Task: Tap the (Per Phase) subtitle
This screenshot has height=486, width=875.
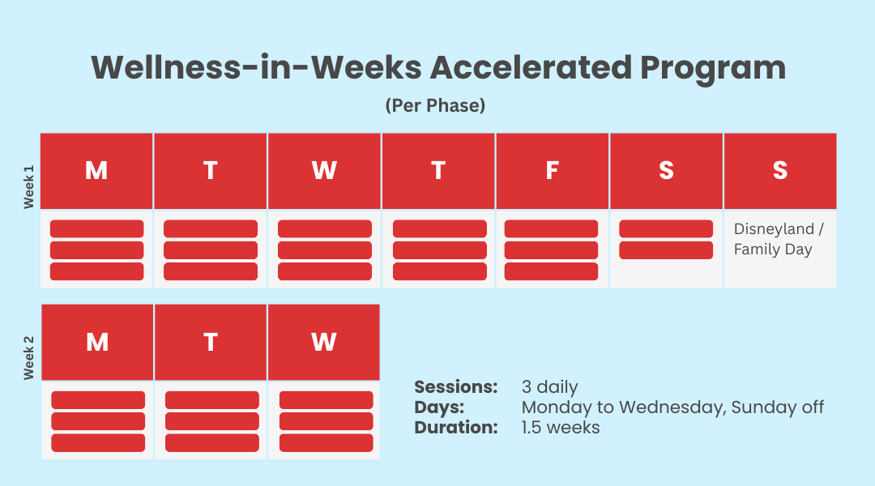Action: point(435,105)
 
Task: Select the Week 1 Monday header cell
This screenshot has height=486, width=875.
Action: point(96,171)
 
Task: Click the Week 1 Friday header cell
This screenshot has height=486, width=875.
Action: point(553,171)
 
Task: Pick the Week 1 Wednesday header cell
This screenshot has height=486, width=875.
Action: point(324,171)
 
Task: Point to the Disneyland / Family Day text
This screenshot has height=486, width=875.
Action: point(779,239)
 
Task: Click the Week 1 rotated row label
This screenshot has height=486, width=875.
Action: point(28,187)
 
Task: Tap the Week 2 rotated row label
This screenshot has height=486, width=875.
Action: point(28,358)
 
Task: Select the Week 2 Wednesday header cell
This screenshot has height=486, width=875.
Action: point(324,342)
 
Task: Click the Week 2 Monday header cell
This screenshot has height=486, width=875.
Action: point(98,342)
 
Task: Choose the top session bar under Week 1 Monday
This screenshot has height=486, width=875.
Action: point(97,228)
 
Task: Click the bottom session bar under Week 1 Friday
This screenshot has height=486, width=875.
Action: point(552,271)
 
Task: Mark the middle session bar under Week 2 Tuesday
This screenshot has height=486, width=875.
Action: point(212,421)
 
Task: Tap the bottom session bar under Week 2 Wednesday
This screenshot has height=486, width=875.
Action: point(327,442)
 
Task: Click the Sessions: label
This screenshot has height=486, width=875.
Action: point(456,386)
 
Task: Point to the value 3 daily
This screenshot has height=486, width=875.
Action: point(549,387)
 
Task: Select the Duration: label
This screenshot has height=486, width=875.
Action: point(456,428)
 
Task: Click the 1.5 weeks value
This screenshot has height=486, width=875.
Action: point(561,428)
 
